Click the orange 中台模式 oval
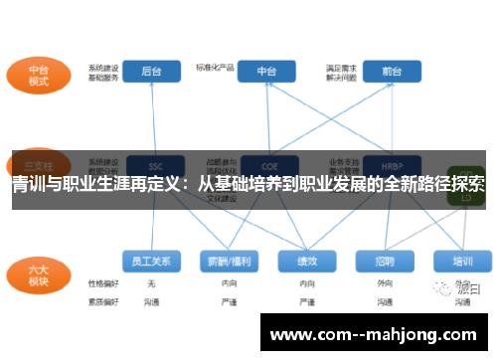[x=39, y=77]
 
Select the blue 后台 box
[x=152, y=72]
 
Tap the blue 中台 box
[x=267, y=72]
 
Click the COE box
[x=267, y=165]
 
